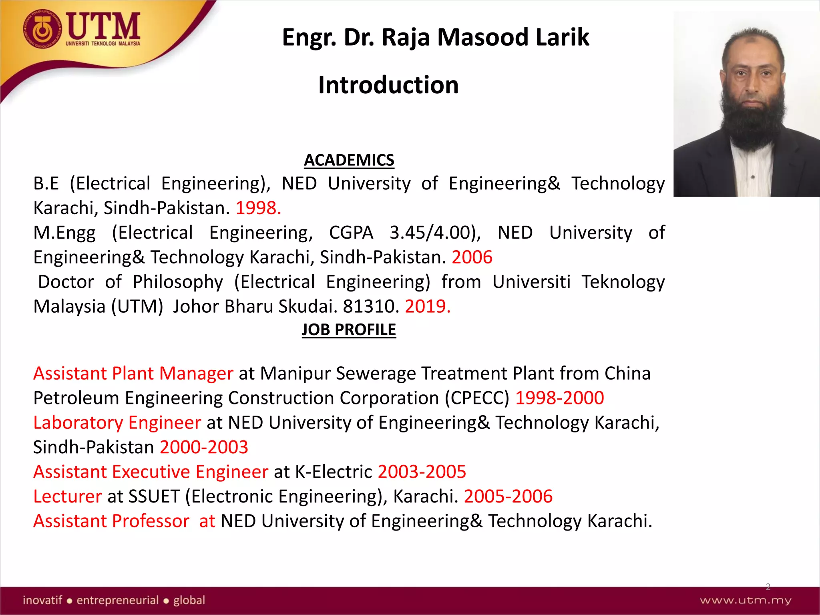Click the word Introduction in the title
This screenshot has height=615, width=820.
click(x=388, y=85)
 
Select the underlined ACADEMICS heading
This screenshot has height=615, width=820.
click(x=349, y=160)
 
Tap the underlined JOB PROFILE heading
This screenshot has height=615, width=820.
click(x=349, y=330)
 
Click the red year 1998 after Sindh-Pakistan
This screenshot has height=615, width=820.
click(x=258, y=208)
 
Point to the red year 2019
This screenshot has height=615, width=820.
click(x=427, y=307)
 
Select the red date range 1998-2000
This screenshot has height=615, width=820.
click(x=559, y=398)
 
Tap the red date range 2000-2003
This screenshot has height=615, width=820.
click(x=204, y=447)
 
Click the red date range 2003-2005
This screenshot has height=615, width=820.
click(x=422, y=472)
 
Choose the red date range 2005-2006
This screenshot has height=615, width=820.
click(x=508, y=496)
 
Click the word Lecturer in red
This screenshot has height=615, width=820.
click(x=67, y=496)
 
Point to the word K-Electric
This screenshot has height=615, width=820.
click(x=334, y=472)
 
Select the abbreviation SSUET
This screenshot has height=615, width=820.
click(x=154, y=496)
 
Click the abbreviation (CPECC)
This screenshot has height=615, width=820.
click(x=477, y=398)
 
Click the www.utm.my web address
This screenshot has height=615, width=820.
click(x=746, y=600)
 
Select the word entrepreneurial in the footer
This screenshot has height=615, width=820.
click(x=118, y=600)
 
